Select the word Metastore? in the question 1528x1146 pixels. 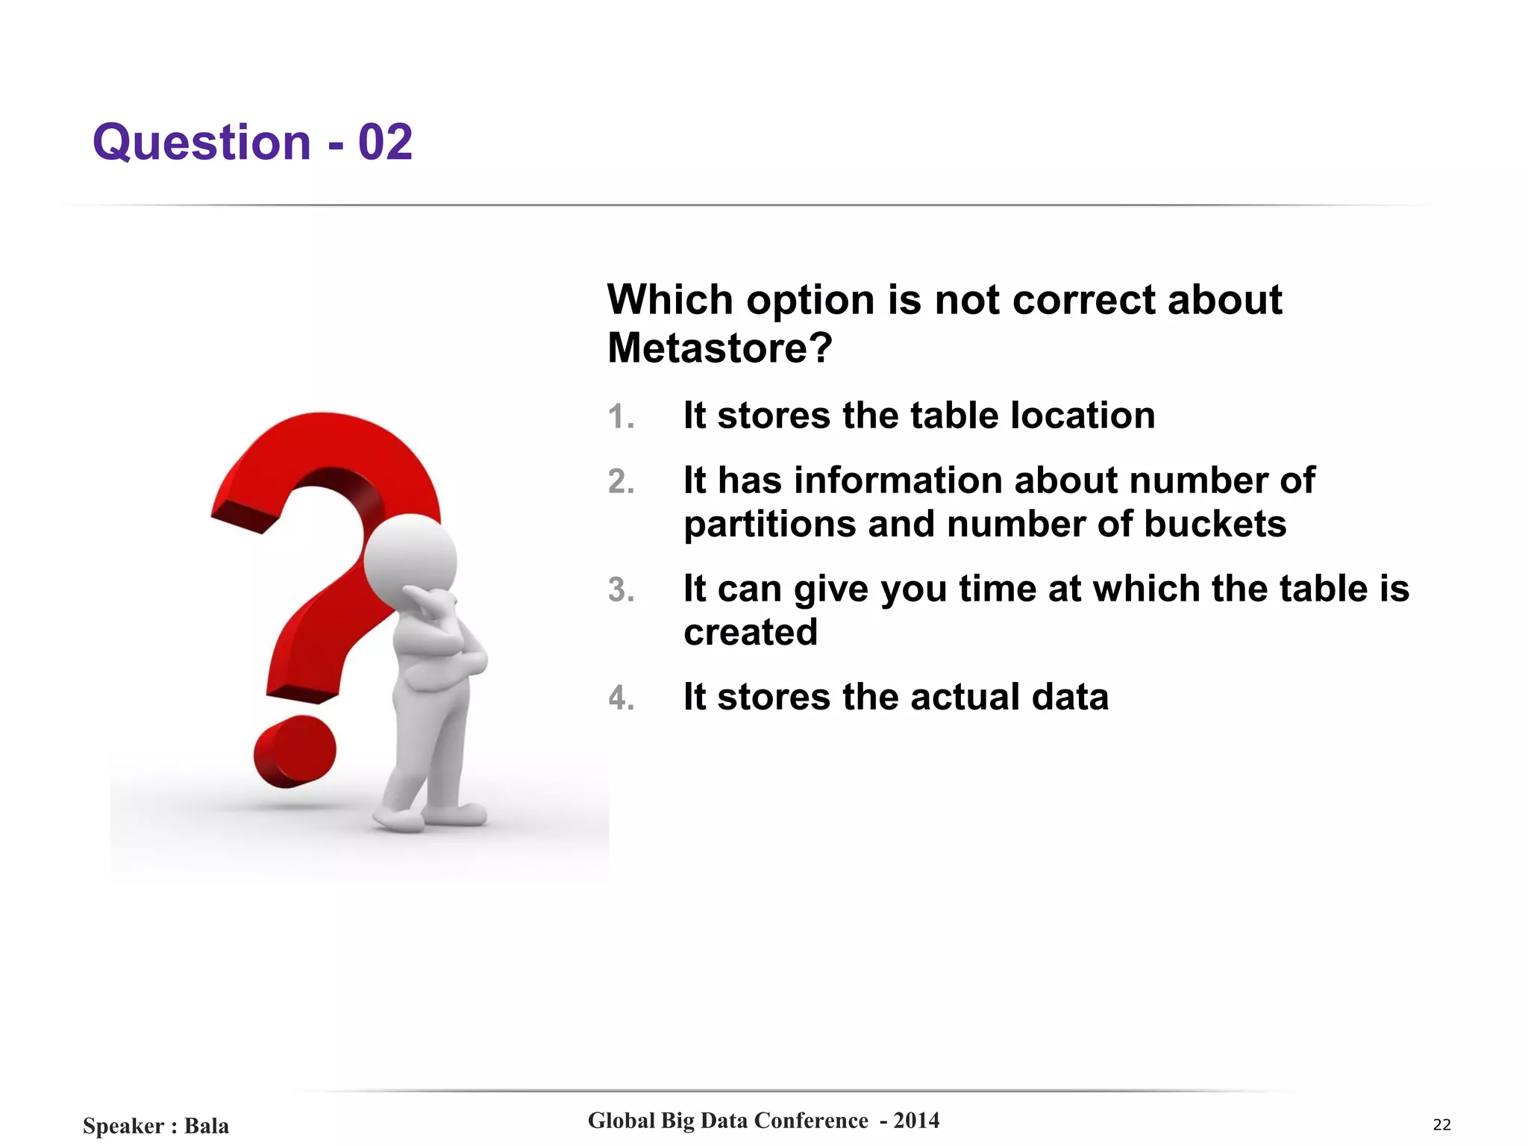point(719,348)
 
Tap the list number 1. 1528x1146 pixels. point(620,417)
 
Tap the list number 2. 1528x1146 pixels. point(621,482)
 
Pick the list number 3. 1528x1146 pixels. point(621,590)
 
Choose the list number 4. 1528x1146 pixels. point(621,698)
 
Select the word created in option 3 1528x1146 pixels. point(751,633)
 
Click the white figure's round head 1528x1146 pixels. point(410,559)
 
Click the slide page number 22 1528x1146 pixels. point(1441,1124)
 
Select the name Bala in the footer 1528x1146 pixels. point(207,1125)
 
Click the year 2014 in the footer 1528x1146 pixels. point(916,1120)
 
